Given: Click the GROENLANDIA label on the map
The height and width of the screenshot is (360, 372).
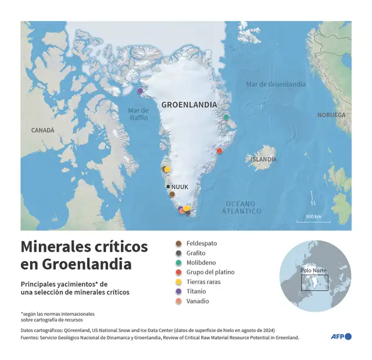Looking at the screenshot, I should [x=189, y=105].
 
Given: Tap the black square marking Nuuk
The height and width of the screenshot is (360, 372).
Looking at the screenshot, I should [x=169, y=187].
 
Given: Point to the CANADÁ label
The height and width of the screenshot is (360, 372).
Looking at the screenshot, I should [x=42, y=130].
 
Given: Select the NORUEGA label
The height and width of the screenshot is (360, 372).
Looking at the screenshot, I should [x=331, y=115].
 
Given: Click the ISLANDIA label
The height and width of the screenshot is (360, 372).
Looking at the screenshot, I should [x=263, y=159].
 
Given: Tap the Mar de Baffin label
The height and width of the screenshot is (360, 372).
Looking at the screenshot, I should [x=138, y=113].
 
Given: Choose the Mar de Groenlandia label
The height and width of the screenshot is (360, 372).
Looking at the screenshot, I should [x=276, y=84].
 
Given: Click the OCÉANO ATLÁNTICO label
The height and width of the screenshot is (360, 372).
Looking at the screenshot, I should [x=240, y=207].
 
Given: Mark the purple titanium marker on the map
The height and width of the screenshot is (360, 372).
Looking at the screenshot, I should [x=140, y=91].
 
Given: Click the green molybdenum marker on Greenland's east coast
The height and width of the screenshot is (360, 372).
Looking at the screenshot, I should [x=226, y=117].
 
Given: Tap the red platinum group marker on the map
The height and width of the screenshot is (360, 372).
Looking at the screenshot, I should [x=219, y=151].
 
